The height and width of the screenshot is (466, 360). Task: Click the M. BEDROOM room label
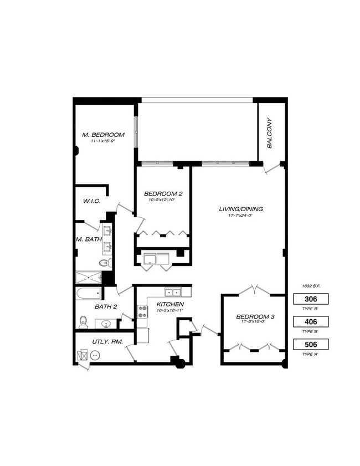tap(103, 135)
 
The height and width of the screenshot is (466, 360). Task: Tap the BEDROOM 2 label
tap(163, 193)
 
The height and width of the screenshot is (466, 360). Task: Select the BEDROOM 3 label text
tap(255, 317)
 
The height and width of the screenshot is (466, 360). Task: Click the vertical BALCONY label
tap(270, 133)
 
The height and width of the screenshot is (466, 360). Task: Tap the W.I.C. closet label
tap(91, 201)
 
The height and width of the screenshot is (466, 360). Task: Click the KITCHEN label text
tap(170, 305)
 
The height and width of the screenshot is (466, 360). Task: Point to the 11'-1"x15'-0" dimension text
tap(103, 141)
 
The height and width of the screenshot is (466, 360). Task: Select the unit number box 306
tap(311, 299)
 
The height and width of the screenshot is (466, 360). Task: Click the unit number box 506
tap(311, 344)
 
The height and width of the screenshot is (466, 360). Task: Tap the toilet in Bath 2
tap(84, 321)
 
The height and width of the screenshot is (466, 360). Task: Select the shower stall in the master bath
tap(89, 278)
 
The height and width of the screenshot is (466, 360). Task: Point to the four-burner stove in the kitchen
tap(142, 311)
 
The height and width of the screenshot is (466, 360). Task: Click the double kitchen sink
tap(172, 292)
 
